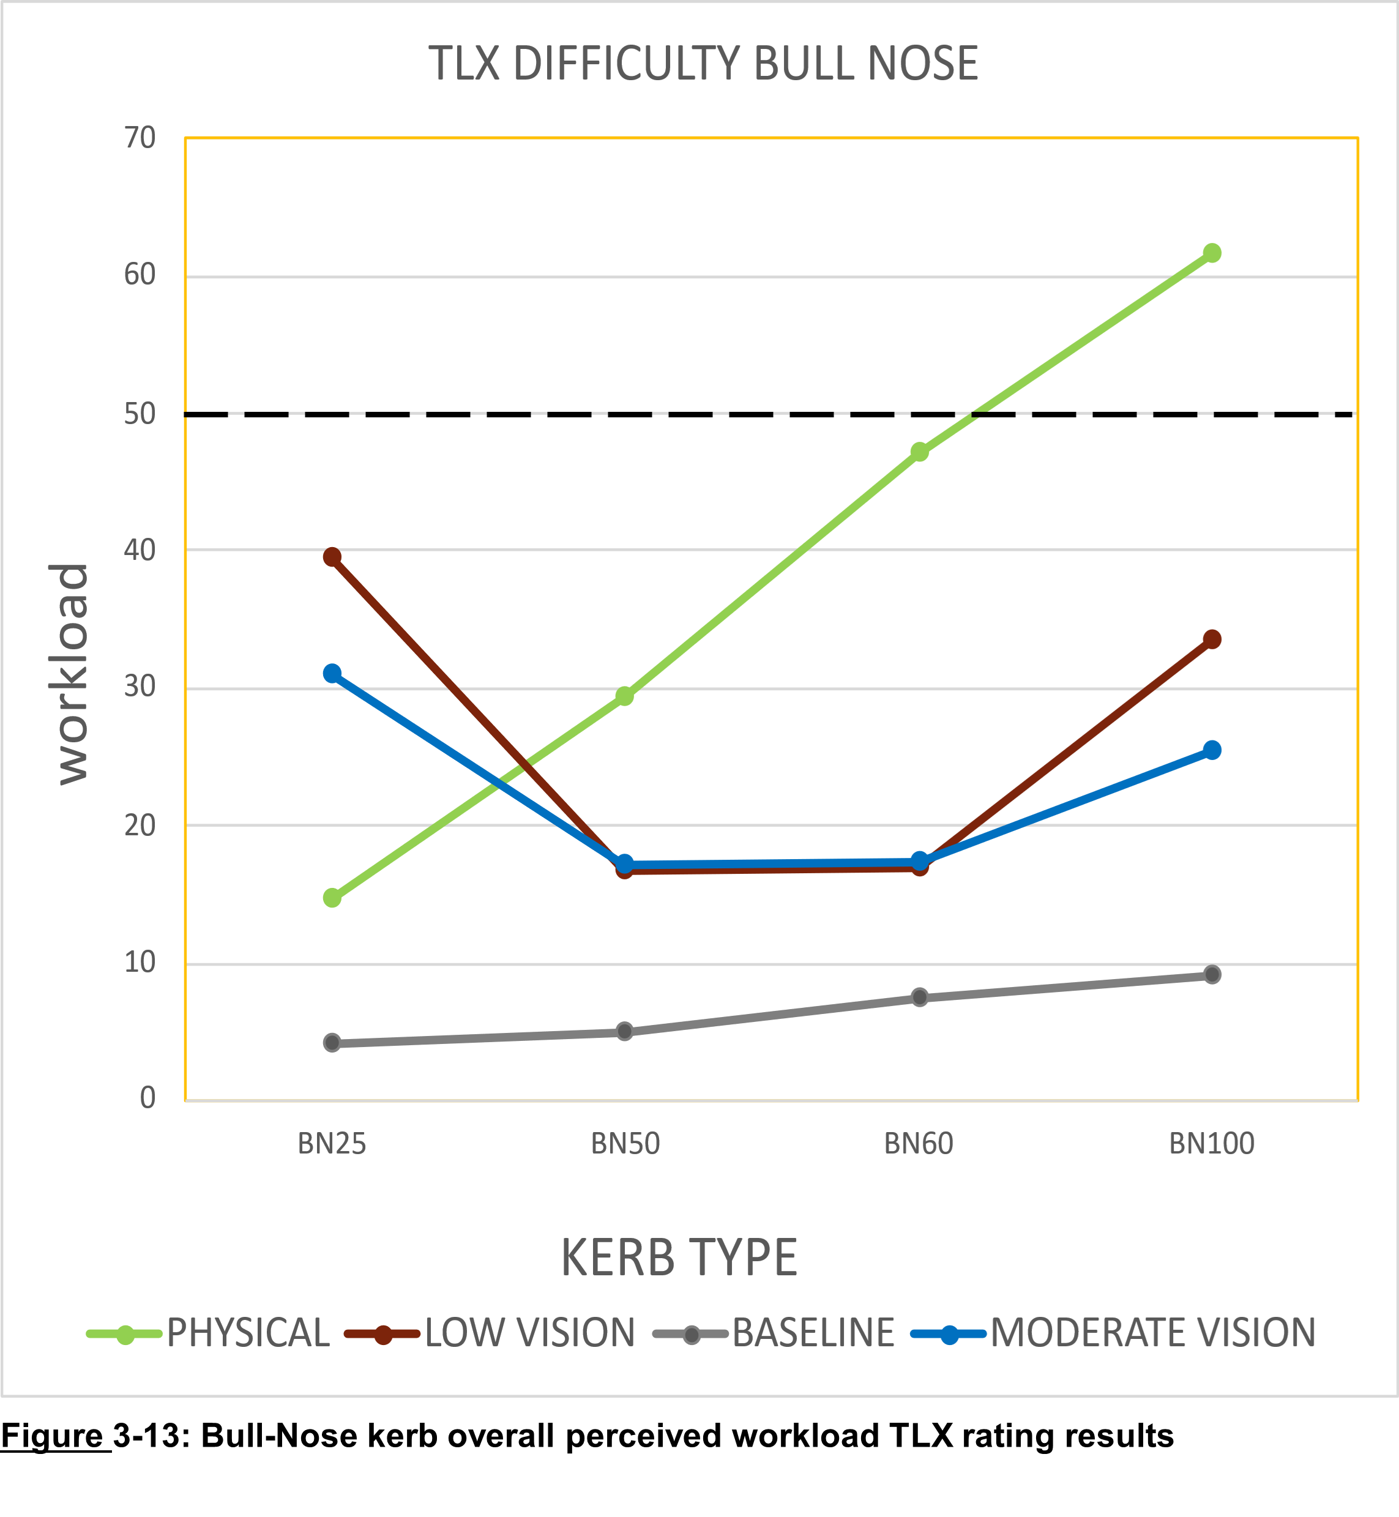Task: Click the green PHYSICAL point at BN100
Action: click(1211, 253)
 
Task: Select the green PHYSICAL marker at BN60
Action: click(919, 452)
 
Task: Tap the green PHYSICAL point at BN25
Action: click(332, 898)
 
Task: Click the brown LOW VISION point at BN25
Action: click(332, 557)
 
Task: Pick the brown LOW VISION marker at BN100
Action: click(1211, 639)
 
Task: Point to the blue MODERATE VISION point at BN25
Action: click(332, 673)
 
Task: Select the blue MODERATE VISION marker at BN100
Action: click(1211, 750)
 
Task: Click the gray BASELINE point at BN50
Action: click(625, 1031)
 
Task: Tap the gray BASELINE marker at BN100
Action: click(1211, 974)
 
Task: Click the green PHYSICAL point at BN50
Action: click(625, 696)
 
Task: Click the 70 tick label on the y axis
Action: click(140, 138)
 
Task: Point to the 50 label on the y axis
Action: click(140, 414)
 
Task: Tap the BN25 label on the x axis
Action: click(332, 1143)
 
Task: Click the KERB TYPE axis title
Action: click(679, 1258)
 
